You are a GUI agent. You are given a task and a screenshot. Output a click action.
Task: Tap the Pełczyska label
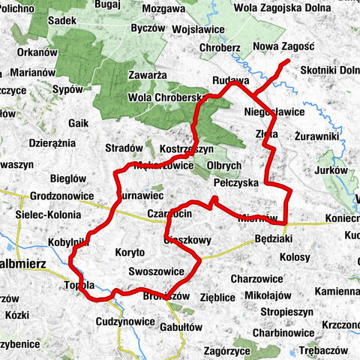pyautogui.click(x=235, y=182)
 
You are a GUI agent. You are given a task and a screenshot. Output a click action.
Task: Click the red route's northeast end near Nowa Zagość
pyautogui.click(x=287, y=61)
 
